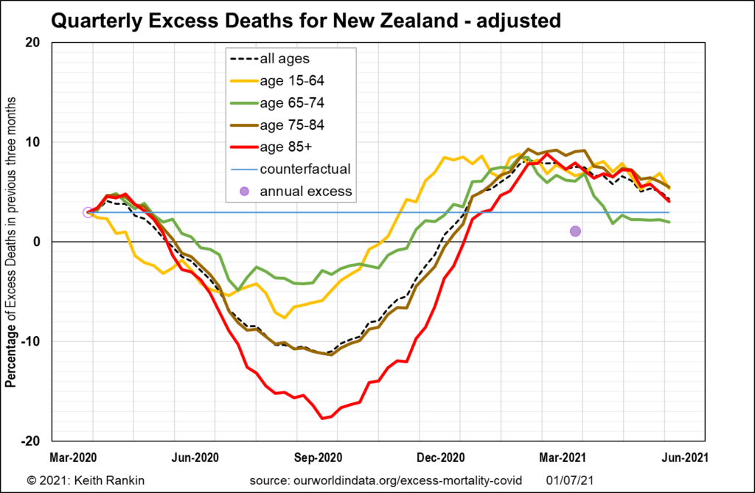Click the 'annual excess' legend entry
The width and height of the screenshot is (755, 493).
point(306,192)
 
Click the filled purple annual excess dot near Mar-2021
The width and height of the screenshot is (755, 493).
point(575,231)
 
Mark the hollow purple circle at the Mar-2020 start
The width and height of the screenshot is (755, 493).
point(88,213)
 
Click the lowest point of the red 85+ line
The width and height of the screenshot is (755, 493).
point(322,419)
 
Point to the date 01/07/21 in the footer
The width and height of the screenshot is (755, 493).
point(569,480)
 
